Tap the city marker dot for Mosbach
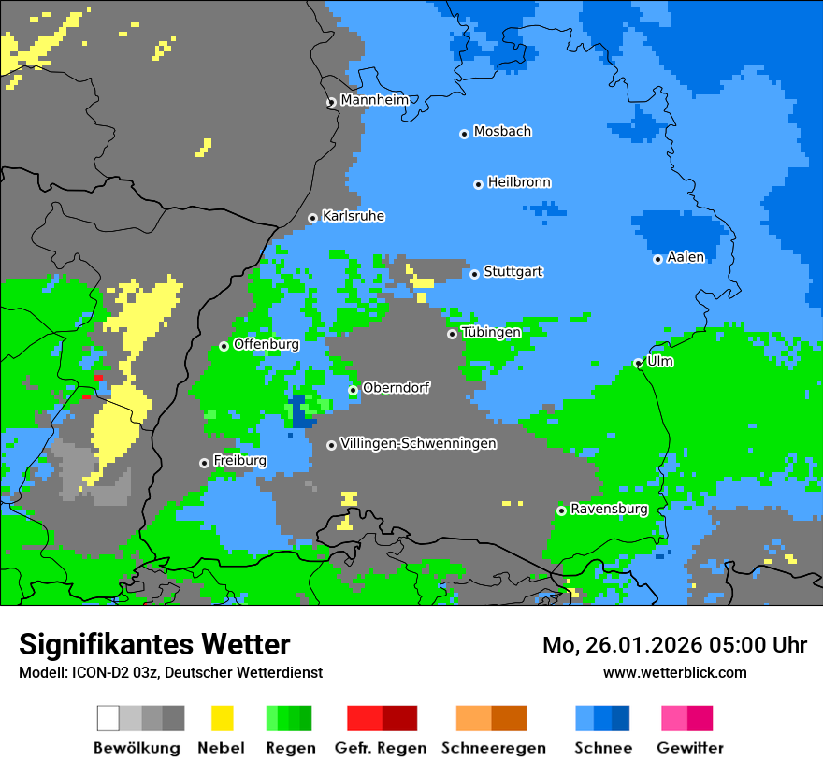[x=464, y=134]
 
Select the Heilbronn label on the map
[x=519, y=182]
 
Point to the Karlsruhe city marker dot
[x=312, y=219]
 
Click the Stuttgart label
[x=513, y=272]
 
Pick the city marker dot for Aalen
[x=657, y=259]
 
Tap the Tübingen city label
[x=491, y=332]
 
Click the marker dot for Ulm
[x=638, y=363]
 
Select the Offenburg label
[x=266, y=344]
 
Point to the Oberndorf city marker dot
[x=353, y=390]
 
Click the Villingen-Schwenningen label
[x=418, y=443]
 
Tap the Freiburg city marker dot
[x=204, y=463]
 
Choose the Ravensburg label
[x=609, y=509]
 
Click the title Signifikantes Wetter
[x=154, y=644]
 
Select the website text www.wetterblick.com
[x=674, y=672]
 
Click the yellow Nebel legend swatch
[x=223, y=718]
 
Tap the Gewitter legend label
[x=689, y=748]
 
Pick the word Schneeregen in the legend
[x=493, y=748]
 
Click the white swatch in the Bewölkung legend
[x=108, y=718]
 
